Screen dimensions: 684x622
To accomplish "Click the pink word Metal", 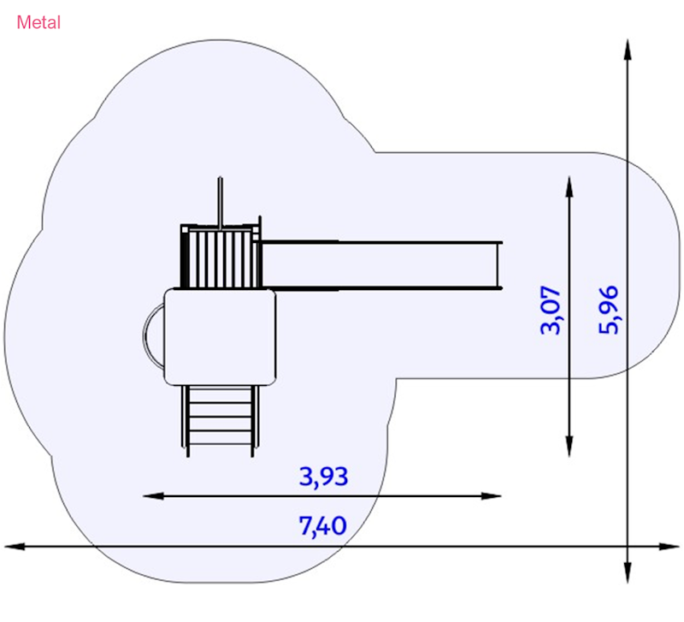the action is (38, 23).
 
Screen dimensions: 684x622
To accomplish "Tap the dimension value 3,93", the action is (323, 477).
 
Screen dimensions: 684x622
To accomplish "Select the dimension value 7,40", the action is (323, 525).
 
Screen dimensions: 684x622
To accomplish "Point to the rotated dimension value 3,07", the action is (551, 310).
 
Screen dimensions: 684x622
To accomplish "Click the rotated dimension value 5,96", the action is (608, 310).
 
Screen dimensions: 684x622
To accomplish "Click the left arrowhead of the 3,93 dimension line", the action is (153, 496).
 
